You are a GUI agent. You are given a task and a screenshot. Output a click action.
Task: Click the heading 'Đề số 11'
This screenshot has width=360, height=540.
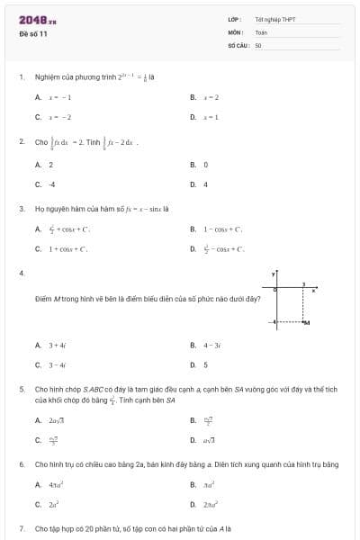point(32,33)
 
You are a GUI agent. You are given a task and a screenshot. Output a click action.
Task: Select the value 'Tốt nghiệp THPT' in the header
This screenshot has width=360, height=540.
point(275,19)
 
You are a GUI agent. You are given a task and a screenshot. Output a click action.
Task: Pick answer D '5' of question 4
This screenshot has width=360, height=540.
point(206,364)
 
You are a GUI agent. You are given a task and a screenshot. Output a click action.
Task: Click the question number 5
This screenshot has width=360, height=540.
point(22,390)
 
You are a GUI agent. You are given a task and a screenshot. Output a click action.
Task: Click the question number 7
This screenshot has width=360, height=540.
point(22,528)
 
